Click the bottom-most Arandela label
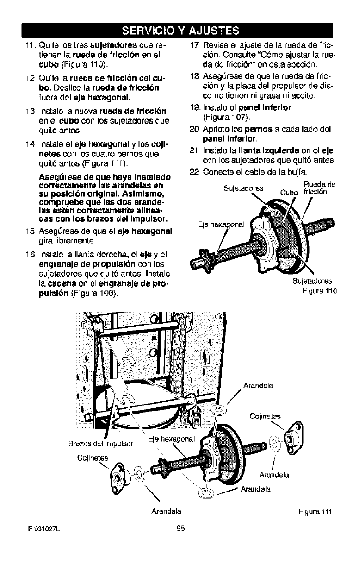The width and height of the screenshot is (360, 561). pos(166,511)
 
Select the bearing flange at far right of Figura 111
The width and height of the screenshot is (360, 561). pos(293,435)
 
